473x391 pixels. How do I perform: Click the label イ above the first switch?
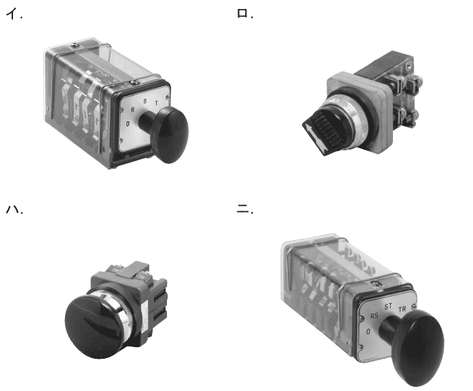pos(12,14)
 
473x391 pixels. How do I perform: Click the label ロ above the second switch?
pos(242,13)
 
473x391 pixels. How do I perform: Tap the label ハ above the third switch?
pos(13,209)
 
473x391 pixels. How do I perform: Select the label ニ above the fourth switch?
pos(242,209)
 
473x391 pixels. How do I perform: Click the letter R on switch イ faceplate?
pos(132,110)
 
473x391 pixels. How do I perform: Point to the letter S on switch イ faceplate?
pos(145,101)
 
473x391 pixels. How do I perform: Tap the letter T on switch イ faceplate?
pos(156,103)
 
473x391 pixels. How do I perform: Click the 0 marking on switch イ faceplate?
pos(128,123)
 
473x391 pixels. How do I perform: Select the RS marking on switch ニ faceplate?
pos(374,316)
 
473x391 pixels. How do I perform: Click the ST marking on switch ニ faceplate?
pos(388,307)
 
